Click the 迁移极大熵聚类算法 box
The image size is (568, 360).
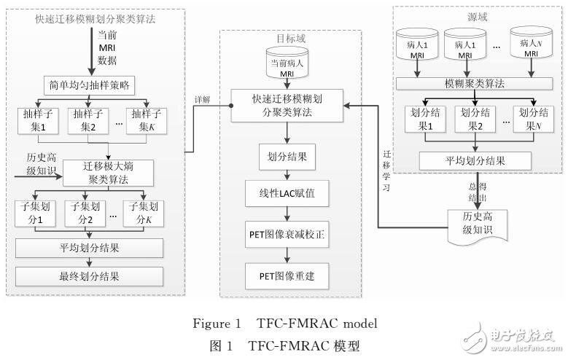coord(109,173)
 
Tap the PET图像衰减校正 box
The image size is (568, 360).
coord(287,235)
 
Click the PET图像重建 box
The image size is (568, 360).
coord(287,276)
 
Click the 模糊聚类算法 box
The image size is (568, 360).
coord(471,85)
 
